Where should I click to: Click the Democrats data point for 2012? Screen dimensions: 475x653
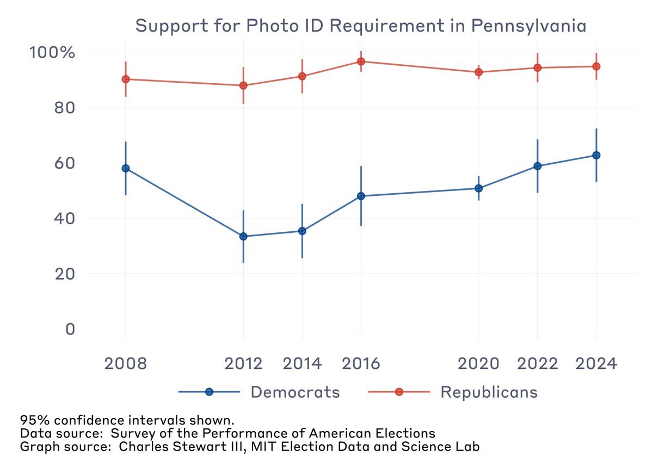point(243,236)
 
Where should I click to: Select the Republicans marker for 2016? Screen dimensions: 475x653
point(361,61)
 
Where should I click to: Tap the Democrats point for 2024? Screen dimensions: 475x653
point(596,155)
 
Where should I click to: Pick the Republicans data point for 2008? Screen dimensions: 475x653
point(126,79)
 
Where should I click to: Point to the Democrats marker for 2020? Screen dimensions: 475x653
point(478,188)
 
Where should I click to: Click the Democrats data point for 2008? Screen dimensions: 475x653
point(126,168)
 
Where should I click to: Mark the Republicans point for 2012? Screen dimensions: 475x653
point(243,85)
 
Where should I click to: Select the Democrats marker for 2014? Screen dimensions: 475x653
point(302,231)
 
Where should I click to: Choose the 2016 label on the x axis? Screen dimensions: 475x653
point(361,363)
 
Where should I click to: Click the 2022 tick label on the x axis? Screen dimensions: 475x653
point(537,363)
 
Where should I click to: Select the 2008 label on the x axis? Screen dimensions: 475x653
point(126,363)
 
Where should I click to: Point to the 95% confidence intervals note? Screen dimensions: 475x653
point(127,421)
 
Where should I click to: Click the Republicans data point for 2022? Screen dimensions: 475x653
point(537,67)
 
